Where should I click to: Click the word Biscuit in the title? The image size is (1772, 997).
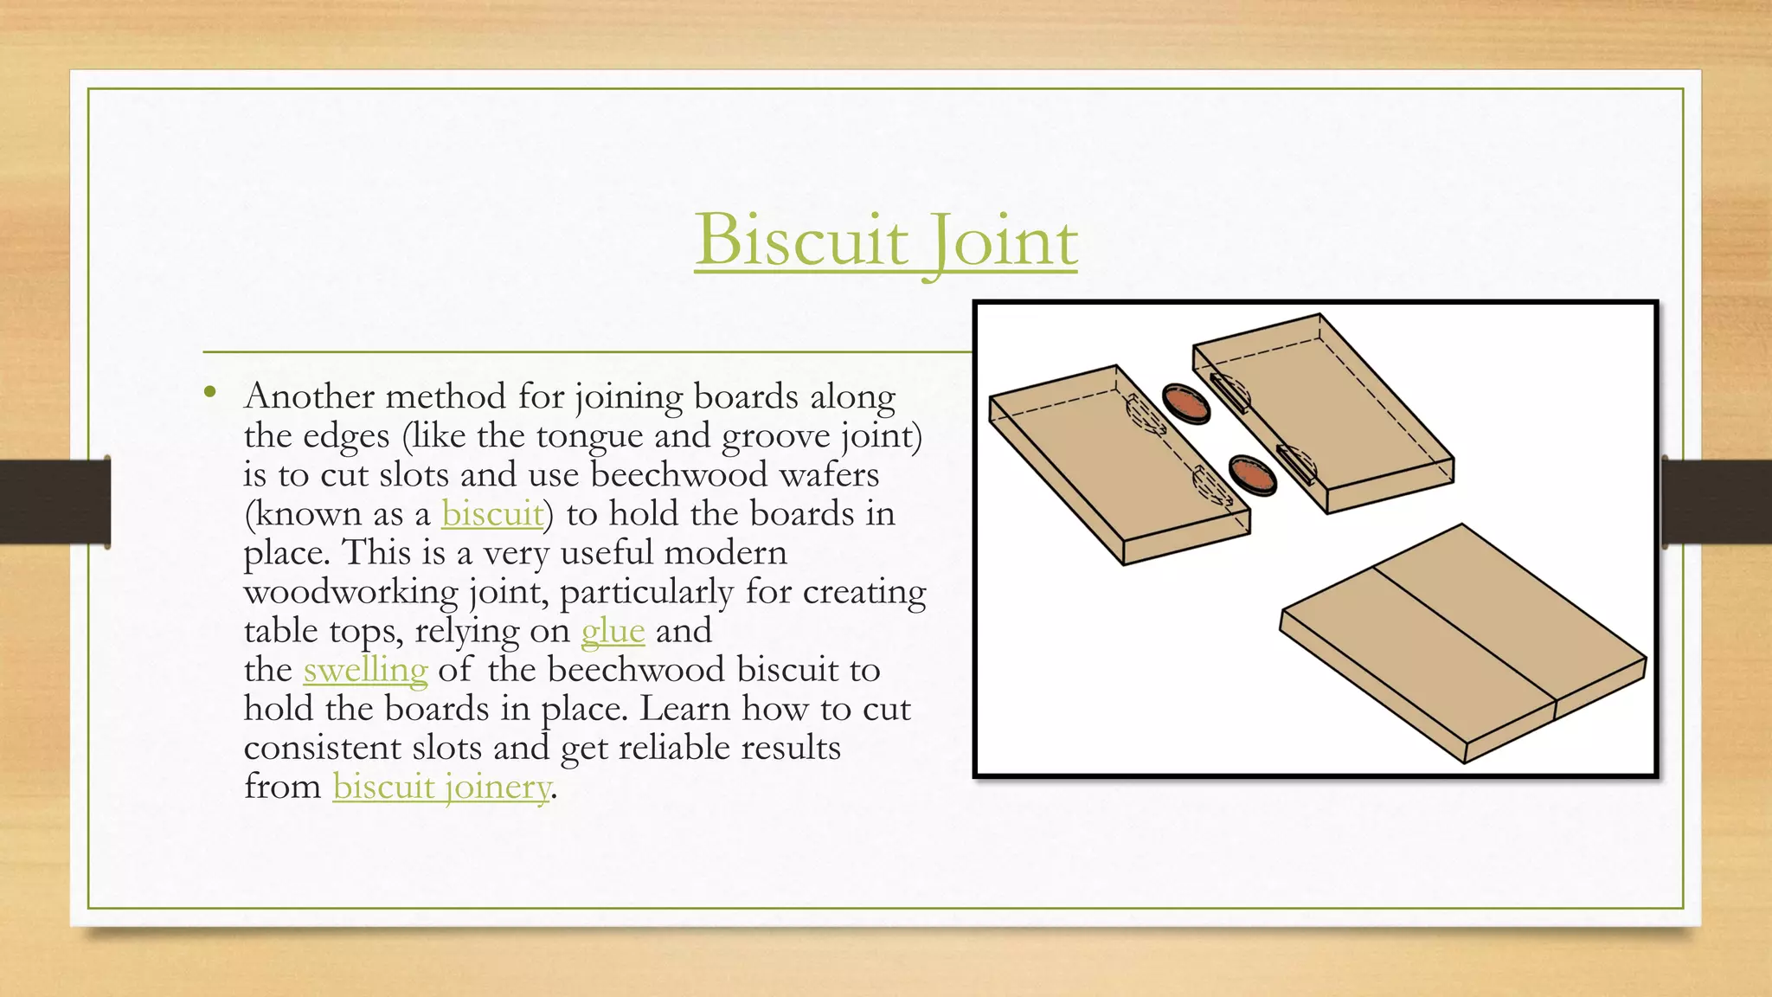801,240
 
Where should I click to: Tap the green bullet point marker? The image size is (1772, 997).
209,393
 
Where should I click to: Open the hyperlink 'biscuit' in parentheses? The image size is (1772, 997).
491,513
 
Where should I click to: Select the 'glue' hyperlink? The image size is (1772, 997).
613,630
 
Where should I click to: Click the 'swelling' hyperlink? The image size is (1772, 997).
365,669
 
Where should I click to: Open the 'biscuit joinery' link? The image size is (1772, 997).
441,786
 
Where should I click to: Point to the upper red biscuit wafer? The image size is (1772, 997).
1185,403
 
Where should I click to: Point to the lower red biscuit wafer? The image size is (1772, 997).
1252,475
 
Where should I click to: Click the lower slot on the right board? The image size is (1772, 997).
1297,464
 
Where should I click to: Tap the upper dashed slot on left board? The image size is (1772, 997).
1146,414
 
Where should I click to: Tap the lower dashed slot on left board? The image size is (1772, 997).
1212,486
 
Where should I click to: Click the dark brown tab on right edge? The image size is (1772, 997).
1717,502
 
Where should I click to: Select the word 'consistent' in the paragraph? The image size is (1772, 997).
322,748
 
